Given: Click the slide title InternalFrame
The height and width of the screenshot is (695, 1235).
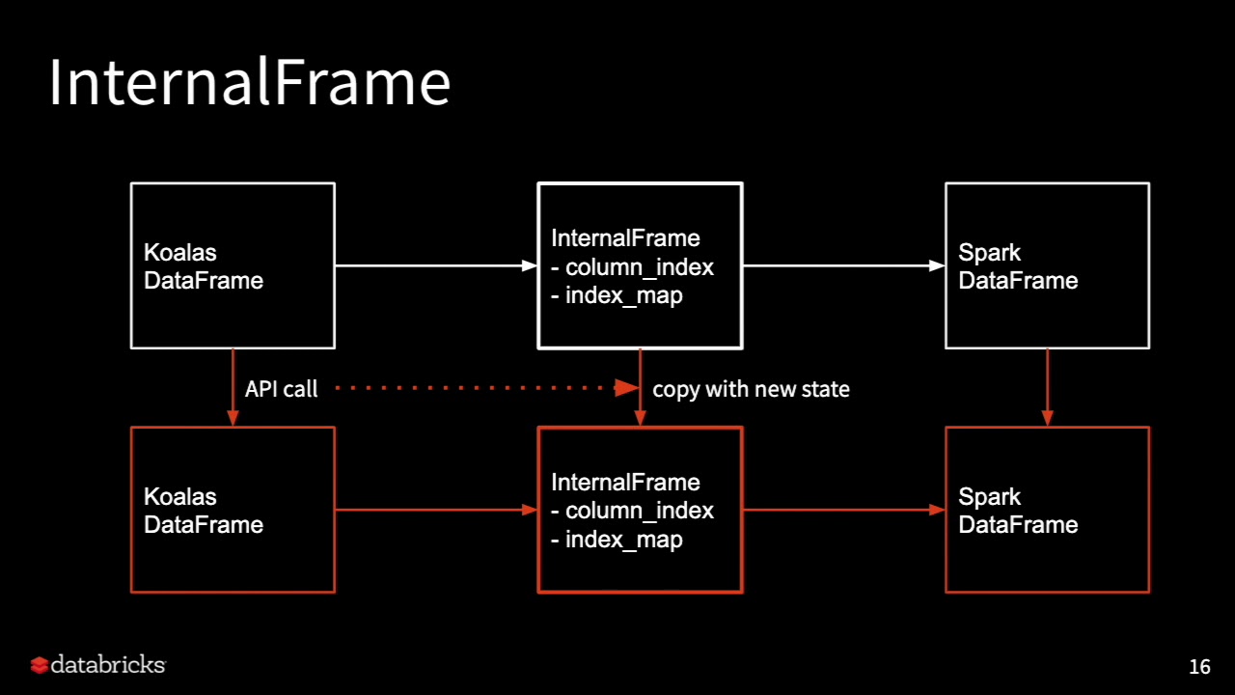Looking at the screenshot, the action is point(250,82).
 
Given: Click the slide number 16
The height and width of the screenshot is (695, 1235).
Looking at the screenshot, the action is point(1199,667).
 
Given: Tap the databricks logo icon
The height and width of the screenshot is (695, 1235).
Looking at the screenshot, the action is point(40,665).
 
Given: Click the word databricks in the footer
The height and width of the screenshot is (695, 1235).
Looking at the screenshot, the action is point(108,664).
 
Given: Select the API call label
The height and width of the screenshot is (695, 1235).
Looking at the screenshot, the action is point(281,389).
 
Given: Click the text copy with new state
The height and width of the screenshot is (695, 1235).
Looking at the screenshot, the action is point(751,389).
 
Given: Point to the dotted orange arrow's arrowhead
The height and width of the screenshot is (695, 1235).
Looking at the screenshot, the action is point(627,388).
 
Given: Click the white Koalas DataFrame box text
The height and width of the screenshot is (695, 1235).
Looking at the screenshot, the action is point(204,266).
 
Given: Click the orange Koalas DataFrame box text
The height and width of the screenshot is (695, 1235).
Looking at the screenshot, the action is point(204,511).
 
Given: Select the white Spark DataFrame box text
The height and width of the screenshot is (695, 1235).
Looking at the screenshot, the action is point(1018,266).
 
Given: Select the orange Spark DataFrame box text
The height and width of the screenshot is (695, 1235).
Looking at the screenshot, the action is point(1018,511).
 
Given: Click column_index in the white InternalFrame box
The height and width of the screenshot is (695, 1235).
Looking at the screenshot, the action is point(640,267).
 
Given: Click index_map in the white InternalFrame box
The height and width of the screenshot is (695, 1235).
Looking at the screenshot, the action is point(624,296).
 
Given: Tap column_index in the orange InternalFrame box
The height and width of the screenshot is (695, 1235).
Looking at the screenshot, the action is point(640,511).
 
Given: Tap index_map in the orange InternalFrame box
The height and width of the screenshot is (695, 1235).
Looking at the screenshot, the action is point(624,540).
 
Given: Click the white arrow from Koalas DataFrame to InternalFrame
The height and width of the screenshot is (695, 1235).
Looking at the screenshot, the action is point(436,265).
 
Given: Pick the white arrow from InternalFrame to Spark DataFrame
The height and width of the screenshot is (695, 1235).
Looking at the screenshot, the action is point(844,265).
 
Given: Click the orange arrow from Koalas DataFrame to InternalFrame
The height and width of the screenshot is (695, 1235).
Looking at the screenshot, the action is point(436,510).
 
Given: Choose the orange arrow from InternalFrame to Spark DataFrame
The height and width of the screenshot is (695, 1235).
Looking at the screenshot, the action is point(844,510).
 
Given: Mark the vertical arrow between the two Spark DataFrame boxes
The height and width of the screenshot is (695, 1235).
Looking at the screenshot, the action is point(1048,387).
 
